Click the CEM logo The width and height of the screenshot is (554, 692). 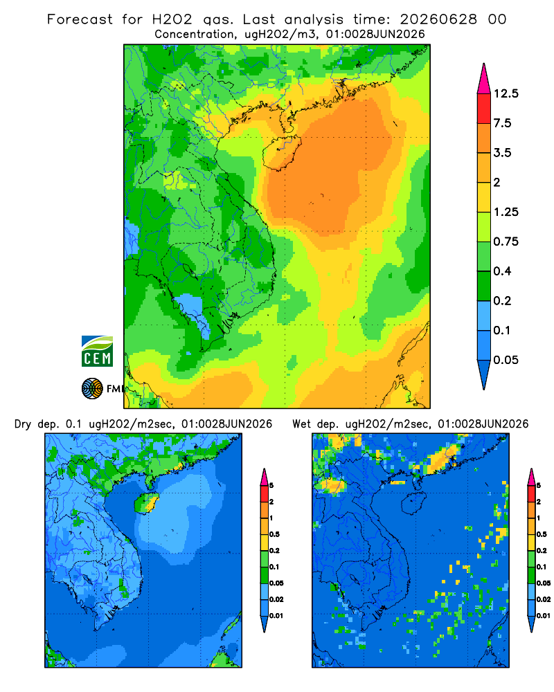(x=97, y=351)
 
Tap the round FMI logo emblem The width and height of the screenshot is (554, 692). (x=92, y=388)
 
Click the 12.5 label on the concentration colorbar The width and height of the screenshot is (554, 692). (x=506, y=93)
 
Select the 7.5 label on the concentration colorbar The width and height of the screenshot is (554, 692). (x=503, y=123)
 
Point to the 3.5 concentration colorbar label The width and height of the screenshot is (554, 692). (x=503, y=153)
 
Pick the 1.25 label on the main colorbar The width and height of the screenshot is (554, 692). (x=506, y=212)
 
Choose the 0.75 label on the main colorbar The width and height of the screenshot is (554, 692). (x=506, y=242)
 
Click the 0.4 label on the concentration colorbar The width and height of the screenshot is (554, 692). (x=503, y=271)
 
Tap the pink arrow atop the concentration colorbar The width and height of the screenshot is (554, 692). (x=484, y=80)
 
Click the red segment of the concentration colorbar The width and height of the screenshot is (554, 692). (x=484, y=109)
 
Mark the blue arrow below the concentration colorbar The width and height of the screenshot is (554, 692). (x=484, y=374)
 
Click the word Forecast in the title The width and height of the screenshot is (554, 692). (x=80, y=19)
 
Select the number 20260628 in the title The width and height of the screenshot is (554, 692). (x=438, y=19)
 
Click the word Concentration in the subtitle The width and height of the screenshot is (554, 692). (x=195, y=34)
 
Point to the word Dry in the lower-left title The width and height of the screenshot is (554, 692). (x=24, y=424)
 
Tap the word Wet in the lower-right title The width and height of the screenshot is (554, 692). (x=302, y=424)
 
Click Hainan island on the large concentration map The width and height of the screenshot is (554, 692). (x=281, y=153)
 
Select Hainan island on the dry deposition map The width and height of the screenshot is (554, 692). (x=146, y=503)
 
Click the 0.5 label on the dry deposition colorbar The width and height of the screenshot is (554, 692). (x=274, y=534)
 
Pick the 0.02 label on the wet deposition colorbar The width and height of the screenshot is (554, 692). (x=544, y=599)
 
